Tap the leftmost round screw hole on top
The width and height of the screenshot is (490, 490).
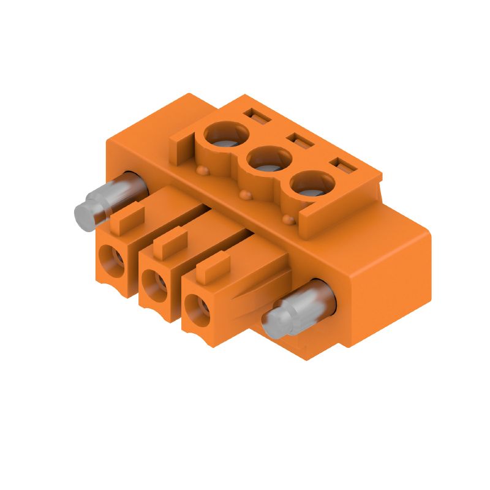[226, 134]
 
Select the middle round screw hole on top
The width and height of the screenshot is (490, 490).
[269, 160]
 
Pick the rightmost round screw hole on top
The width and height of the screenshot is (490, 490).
[312, 184]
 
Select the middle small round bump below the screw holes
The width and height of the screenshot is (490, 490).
[246, 195]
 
